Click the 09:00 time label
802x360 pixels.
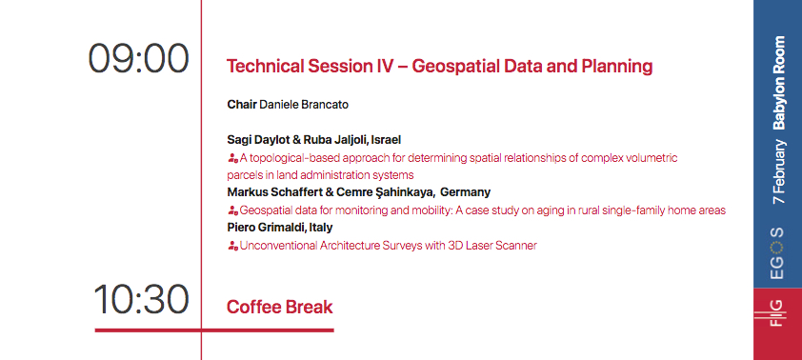coord(138,59)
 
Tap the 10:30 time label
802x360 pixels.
coord(141,300)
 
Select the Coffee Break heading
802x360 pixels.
coord(280,307)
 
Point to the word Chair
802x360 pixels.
coord(242,103)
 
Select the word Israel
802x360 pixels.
coord(386,139)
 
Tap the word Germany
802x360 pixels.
coord(466,192)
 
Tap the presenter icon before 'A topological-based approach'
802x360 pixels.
coord(232,157)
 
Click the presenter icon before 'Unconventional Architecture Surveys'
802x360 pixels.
coord(232,246)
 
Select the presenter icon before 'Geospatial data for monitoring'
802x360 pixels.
coord(232,210)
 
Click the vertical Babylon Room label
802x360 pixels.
coord(778,83)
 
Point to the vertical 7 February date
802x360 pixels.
coord(778,173)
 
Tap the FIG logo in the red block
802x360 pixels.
coord(777,311)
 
